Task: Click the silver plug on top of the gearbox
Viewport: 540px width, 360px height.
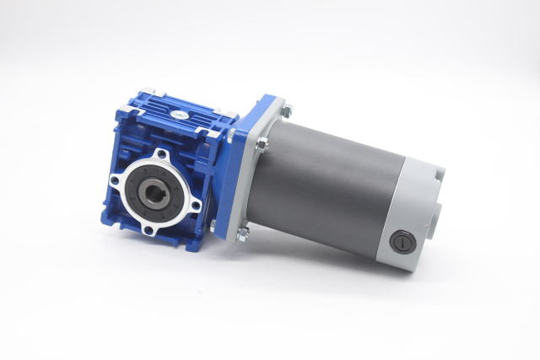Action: click(x=180, y=113)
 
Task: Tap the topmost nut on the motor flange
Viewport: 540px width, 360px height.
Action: click(x=287, y=110)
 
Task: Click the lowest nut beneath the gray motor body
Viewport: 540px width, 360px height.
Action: click(x=243, y=234)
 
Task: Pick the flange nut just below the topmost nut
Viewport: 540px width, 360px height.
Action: click(x=262, y=144)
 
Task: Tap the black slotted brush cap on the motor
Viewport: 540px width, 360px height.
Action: click(x=402, y=243)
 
